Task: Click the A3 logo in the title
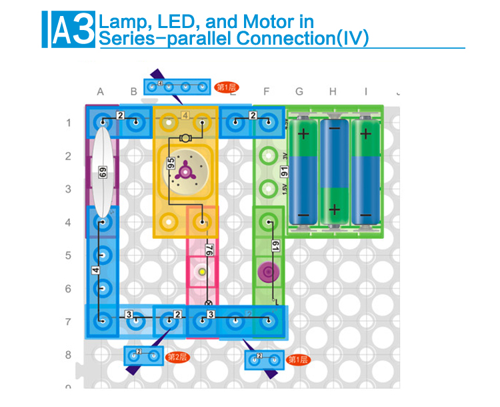click(x=69, y=29)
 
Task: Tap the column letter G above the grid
click(x=299, y=91)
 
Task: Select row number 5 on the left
click(x=68, y=256)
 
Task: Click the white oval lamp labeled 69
click(x=102, y=171)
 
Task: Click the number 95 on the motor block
click(x=171, y=163)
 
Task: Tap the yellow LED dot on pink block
click(x=201, y=272)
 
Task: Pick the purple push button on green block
click(x=267, y=272)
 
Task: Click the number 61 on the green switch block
click(x=275, y=246)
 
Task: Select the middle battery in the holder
click(x=335, y=171)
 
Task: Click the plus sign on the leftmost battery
click(x=303, y=133)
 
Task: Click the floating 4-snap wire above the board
click(x=177, y=87)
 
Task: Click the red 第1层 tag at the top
click(x=227, y=87)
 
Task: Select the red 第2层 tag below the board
click(x=177, y=357)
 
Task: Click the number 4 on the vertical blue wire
click(x=95, y=271)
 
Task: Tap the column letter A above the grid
click(x=101, y=91)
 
